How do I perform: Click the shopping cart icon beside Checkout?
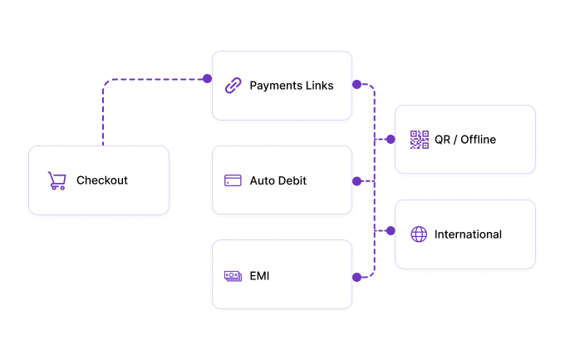click(57, 180)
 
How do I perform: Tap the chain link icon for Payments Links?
click(233, 86)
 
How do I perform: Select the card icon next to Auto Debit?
click(233, 180)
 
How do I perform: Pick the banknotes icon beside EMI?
click(233, 276)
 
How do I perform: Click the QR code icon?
click(420, 140)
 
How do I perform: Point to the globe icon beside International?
click(419, 234)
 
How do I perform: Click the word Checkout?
click(102, 180)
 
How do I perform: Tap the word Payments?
click(276, 86)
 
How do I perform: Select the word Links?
click(320, 86)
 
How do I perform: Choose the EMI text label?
click(259, 276)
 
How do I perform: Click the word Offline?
click(478, 140)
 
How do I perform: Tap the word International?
click(468, 234)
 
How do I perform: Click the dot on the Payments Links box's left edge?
click(207, 79)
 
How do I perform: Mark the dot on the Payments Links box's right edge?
click(356, 85)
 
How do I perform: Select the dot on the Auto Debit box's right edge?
click(356, 181)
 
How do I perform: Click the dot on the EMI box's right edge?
click(356, 277)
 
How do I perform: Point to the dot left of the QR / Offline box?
click(391, 139)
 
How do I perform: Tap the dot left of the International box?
click(391, 230)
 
